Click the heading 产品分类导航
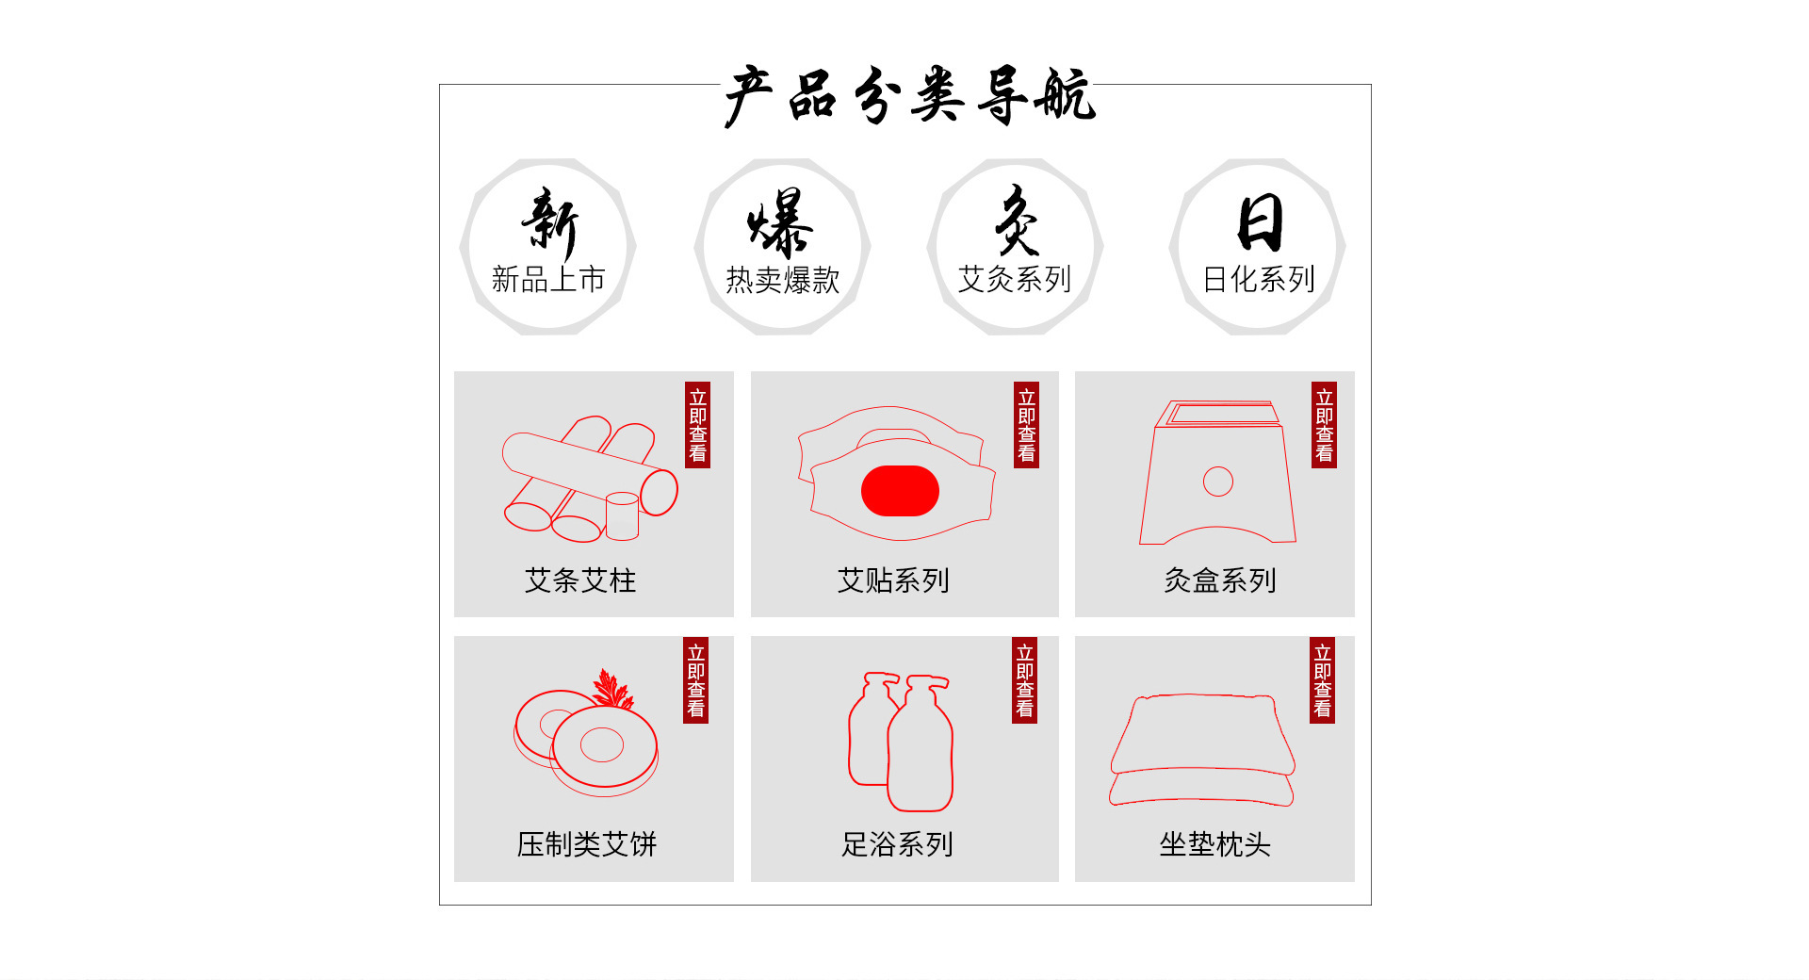pyautogui.click(x=909, y=95)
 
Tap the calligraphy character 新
pyautogui.click(x=549, y=223)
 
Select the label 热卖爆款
pyautogui.click(x=782, y=280)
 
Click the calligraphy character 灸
pyautogui.click(x=1017, y=220)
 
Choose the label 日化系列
pyautogui.click(x=1259, y=279)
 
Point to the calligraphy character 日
pyautogui.click(x=1261, y=222)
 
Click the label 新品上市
pyautogui.click(x=548, y=279)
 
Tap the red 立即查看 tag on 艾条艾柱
pyautogui.click(x=697, y=425)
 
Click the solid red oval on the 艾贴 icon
pyautogui.click(x=900, y=491)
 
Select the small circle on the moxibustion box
pyautogui.click(x=1218, y=482)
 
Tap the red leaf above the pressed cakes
pyautogui.click(x=612, y=689)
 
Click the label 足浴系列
pyautogui.click(x=897, y=844)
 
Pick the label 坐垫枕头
pyautogui.click(x=1214, y=844)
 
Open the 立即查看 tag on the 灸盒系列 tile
pyautogui.click(x=1324, y=425)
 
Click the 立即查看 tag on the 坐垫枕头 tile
pyautogui.click(x=1322, y=680)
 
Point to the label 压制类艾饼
pyautogui.click(x=587, y=844)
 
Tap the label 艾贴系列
pyautogui.click(x=893, y=580)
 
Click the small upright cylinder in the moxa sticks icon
pyautogui.click(x=622, y=516)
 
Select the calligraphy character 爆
pyautogui.click(x=780, y=223)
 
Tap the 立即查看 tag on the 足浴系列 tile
pyautogui.click(x=1025, y=680)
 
